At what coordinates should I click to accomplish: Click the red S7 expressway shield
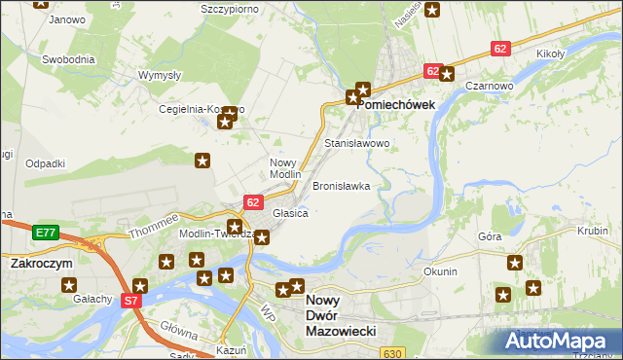tap(131, 302)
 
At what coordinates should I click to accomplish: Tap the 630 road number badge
tap(391, 352)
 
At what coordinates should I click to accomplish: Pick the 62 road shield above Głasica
tap(253, 202)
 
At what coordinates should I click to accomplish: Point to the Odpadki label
tap(45, 163)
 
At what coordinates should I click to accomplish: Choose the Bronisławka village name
tap(341, 185)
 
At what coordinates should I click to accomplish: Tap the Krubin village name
tap(592, 231)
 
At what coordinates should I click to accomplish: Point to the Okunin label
tap(440, 271)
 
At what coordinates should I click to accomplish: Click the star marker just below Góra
tap(515, 263)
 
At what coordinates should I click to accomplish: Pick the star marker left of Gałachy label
tap(69, 285)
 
